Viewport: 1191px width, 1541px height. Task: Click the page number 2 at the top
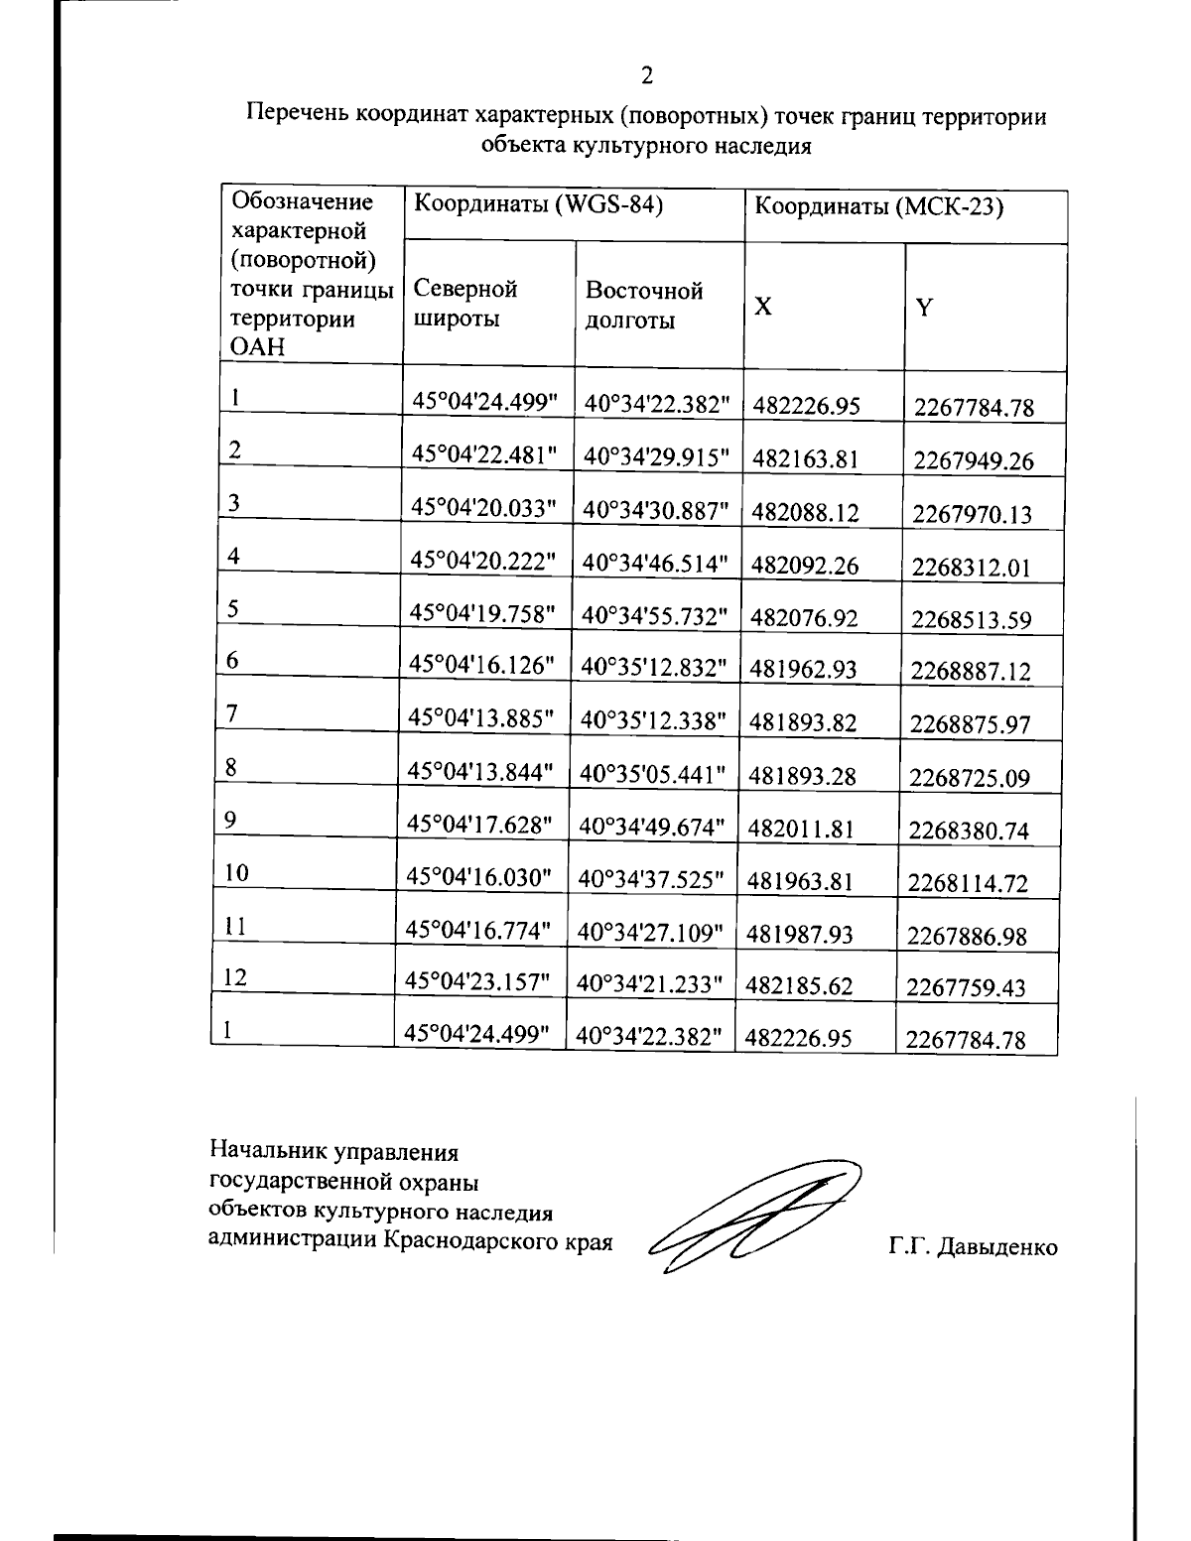pos(647,75)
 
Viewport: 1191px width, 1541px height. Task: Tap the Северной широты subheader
pos(465,304)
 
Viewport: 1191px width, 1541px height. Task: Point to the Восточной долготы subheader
pos(644,305)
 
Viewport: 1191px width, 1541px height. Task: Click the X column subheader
pos(762,307)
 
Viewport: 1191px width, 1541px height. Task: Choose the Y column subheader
pos(924,308)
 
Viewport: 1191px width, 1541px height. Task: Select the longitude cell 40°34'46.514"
pos(656,564)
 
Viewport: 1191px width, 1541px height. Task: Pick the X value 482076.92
pos(804,618)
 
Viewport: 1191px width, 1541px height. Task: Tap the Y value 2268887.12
pos(971,672)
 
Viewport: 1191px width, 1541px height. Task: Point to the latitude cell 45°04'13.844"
pos(480,771)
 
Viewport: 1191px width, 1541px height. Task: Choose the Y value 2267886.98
pos(968,936)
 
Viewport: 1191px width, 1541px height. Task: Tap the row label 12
pos(235,977)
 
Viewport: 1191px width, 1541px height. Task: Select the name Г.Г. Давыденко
pos(973,1247)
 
